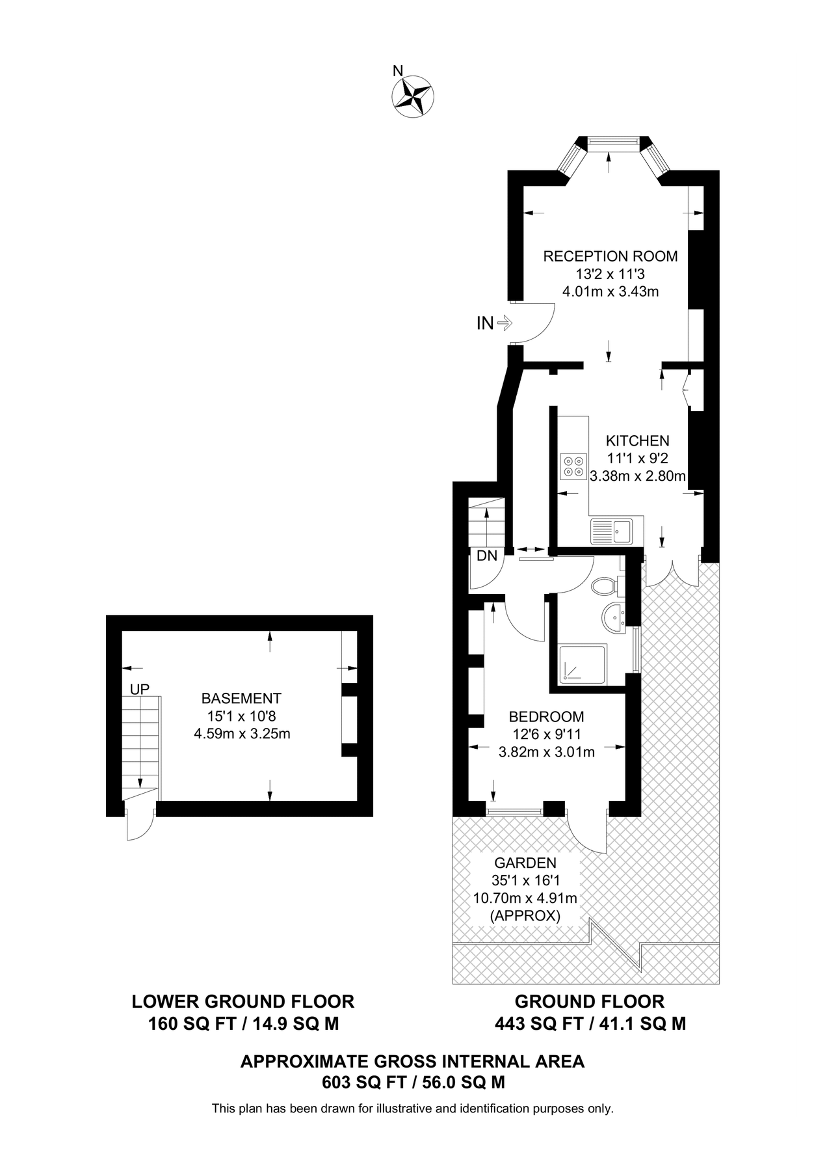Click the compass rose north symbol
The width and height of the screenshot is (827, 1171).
413,96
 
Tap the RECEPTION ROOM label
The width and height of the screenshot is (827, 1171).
610,256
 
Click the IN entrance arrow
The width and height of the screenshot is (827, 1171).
505,323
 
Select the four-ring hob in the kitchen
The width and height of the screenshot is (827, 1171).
573,466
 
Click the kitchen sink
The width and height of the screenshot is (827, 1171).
611,530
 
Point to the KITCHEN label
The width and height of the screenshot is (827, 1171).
637,440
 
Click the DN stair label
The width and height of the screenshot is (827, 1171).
486,556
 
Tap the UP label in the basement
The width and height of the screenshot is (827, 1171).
140,688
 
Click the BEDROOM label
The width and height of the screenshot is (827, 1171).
546,716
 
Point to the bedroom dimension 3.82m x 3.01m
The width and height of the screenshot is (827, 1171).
546,752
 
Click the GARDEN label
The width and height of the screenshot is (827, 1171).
525,863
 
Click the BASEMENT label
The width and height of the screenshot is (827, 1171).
241,698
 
